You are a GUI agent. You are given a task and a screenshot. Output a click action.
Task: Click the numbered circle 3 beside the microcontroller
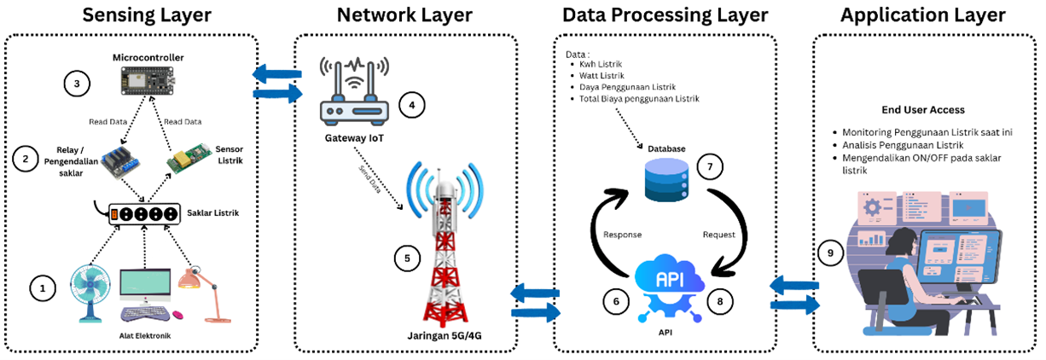tap(77, 84)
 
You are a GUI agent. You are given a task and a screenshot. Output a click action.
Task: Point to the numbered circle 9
tap(828, 253)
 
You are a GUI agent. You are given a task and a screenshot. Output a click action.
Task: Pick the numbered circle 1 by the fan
tap(41, 288)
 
